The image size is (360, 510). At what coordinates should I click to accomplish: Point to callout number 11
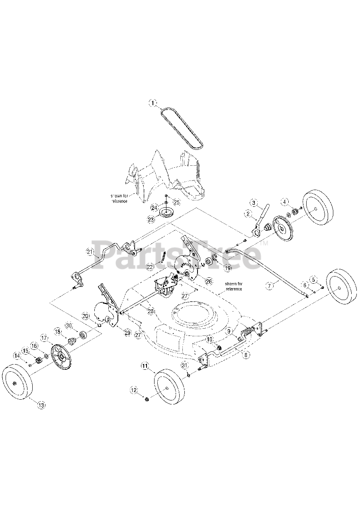click(x=145, y=365)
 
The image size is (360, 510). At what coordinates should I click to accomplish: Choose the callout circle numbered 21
click(x=90, y=251)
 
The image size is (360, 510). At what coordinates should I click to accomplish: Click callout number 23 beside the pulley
click(x=151, y=219)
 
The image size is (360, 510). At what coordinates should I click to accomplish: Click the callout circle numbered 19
click(x=228, y=269)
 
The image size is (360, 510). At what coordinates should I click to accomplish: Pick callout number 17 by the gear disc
click(x=44, y=337)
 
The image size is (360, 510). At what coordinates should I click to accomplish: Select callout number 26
click(x=209, y=280)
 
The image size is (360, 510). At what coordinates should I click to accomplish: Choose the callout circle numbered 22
click(x=150, y=266)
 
